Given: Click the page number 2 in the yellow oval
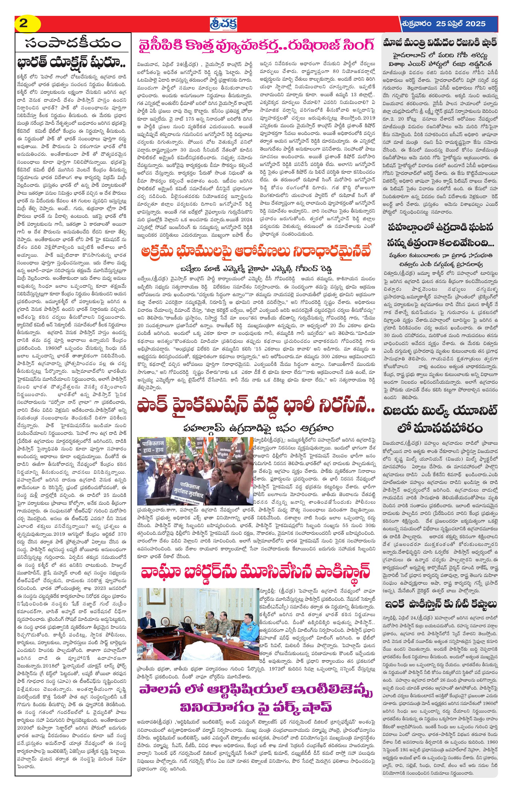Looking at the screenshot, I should [23, 24].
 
